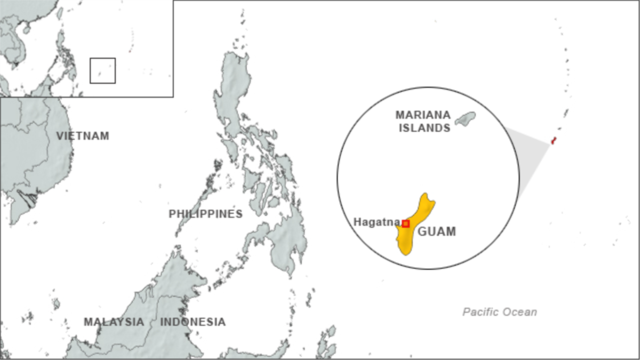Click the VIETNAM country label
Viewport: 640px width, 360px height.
pos(83,136)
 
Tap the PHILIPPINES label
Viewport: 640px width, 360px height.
pos(205,214)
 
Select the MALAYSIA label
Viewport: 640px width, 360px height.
pos(114,322)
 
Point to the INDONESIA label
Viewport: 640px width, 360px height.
pos(193,322)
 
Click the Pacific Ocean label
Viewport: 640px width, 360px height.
pos(499,312)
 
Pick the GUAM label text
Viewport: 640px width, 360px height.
pos(436,231)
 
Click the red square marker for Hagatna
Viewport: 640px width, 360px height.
pos(405,223)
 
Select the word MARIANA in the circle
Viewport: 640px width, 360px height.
pos(423,115)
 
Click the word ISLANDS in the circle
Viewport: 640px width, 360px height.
pos(425,128)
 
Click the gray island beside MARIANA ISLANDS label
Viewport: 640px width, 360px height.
pos(465,118)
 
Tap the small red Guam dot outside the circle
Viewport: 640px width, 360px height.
pos(553,141)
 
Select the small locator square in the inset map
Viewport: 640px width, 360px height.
pos(102,70)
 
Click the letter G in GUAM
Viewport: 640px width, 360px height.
pos(422,231)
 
